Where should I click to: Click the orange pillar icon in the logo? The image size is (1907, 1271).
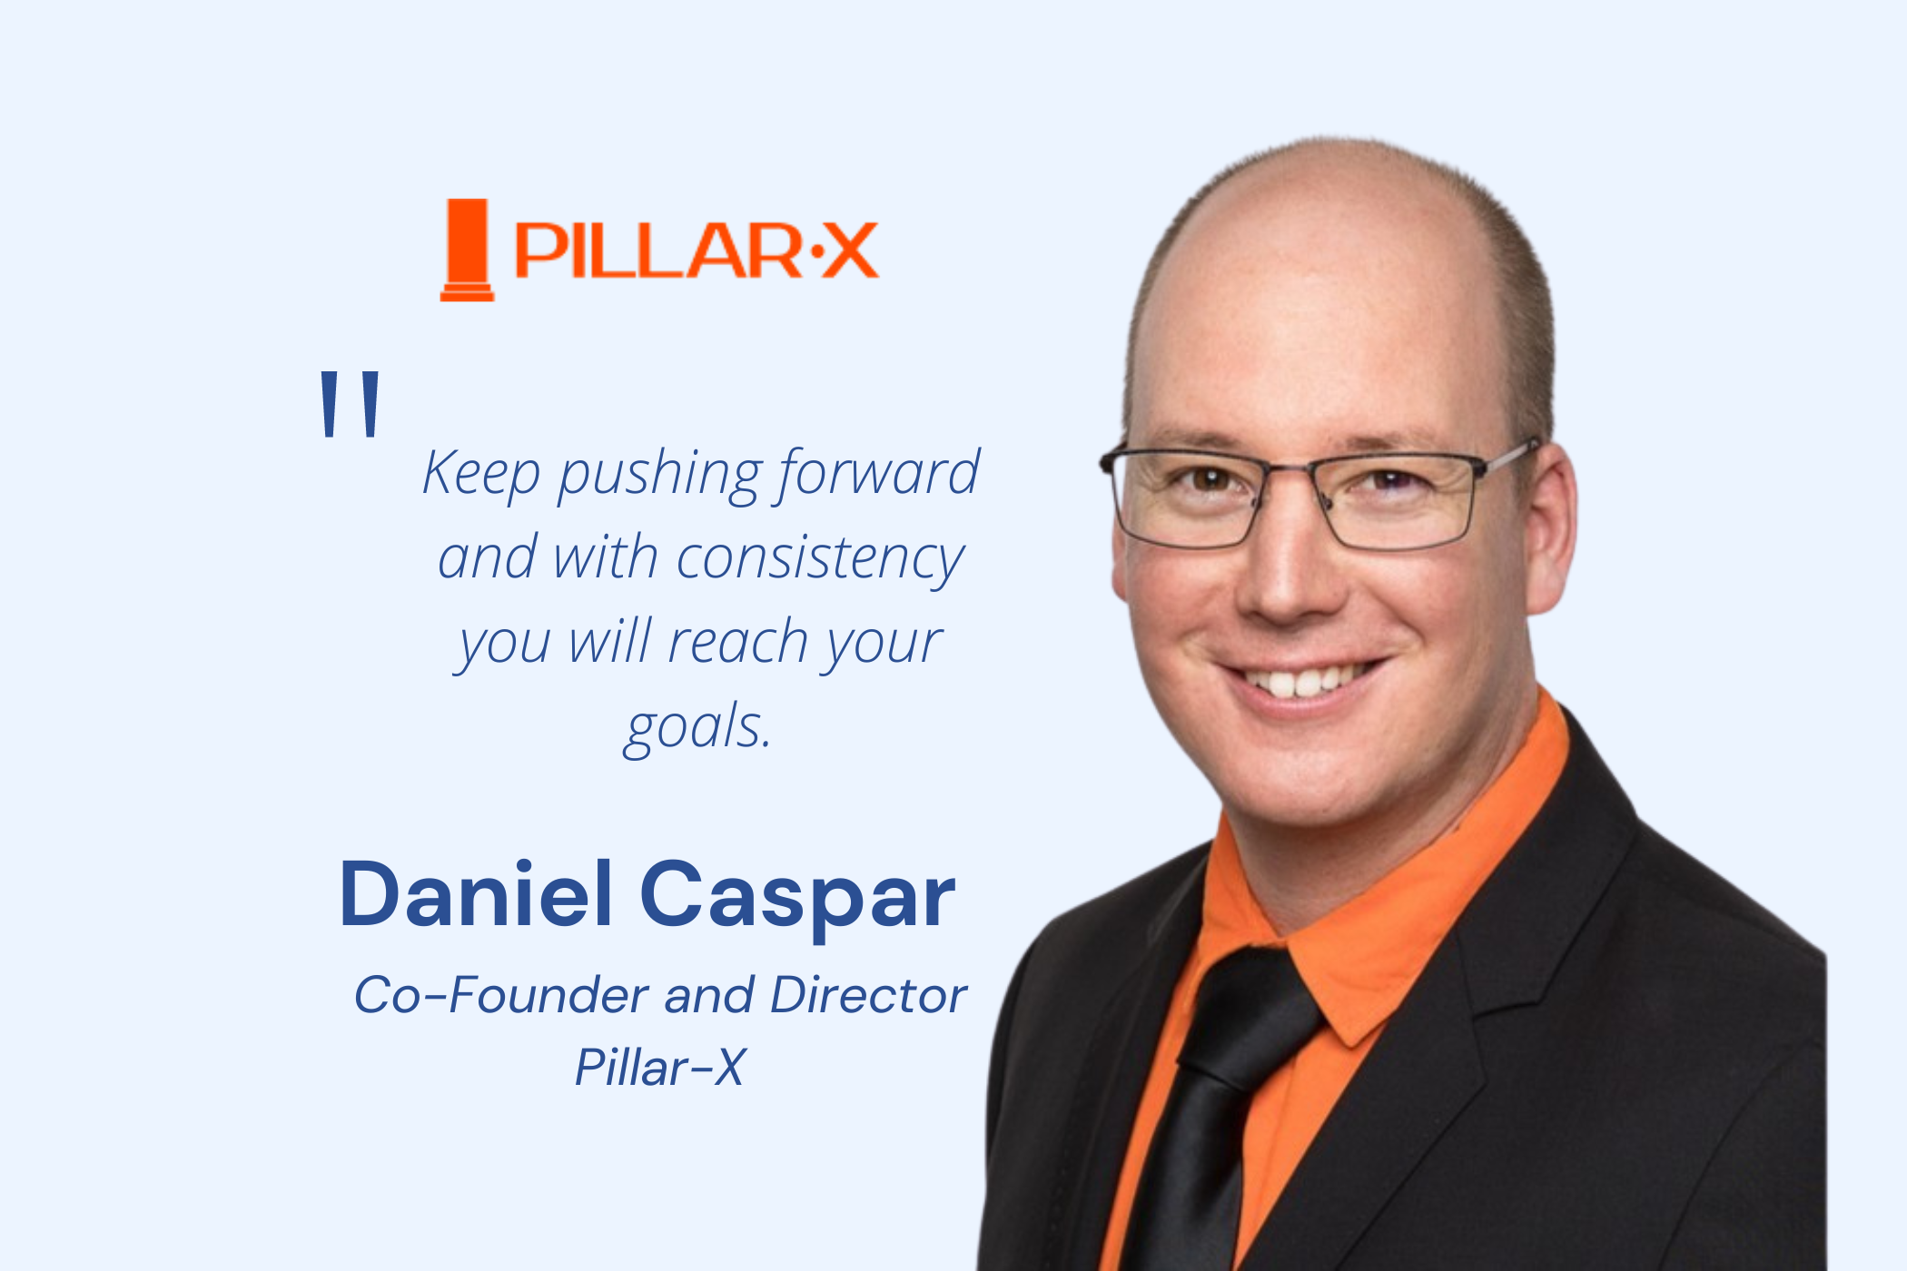click(467, 250)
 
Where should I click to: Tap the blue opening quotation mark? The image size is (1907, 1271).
click(351, 403)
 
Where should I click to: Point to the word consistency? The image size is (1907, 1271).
click(820, 559)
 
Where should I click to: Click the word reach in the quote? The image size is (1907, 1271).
click(738, 642)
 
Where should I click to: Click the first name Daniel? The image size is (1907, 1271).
click(476, 894)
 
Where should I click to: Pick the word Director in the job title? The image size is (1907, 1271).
click(868, 995)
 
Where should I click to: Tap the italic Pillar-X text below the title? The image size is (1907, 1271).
click(660, 1067)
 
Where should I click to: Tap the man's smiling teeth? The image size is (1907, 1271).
click(1304, 679)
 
